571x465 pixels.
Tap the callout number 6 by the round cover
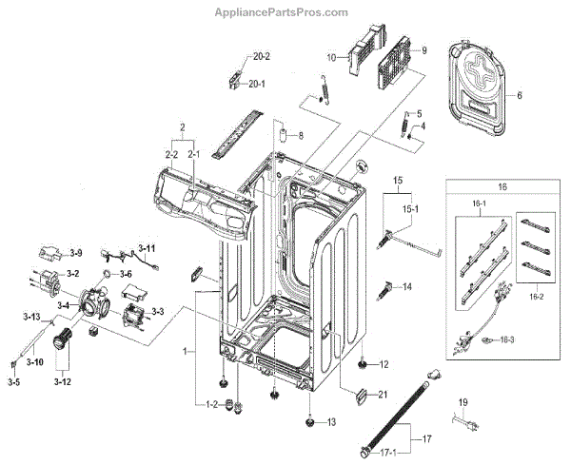click(x=521, y=96)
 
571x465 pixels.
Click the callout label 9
click(x=424, y=48)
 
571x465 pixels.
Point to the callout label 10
click(x=332, y=58)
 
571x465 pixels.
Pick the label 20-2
click(x=261, y=57)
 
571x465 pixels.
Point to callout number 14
click(x=406, y=286)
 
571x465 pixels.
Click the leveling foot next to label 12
click(x=364, y=364)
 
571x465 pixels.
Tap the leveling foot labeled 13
click(x=311, y=422)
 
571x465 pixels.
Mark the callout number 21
click(x=384, y=394)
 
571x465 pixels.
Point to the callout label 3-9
click(x=75, y=252)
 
